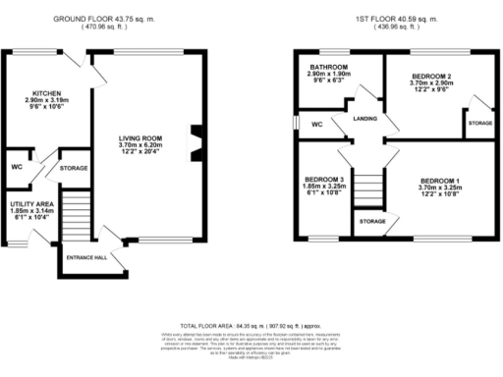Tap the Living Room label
(x=146, y=137)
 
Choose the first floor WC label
(x=316, y=125)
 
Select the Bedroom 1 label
(x=439, y=182)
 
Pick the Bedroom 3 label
(x=324, y=179)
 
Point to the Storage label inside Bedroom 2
(x=479, y=124)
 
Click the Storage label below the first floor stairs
(x=371, y=222)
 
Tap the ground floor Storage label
(x=74, y=168)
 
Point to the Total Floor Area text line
(x=251, y=323)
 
